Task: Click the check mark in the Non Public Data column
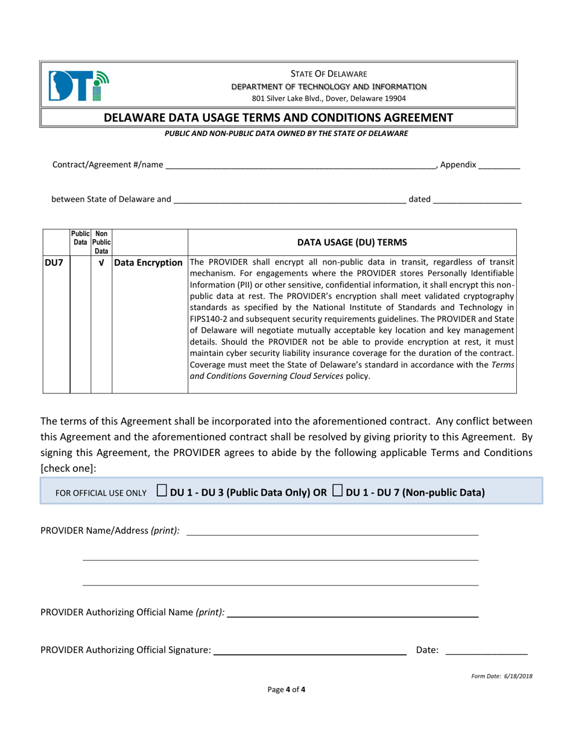coord(101,263)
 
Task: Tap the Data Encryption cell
coord(150,263)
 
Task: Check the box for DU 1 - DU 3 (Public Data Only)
coord(162,491)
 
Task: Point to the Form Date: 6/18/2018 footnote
coord(501,676)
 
